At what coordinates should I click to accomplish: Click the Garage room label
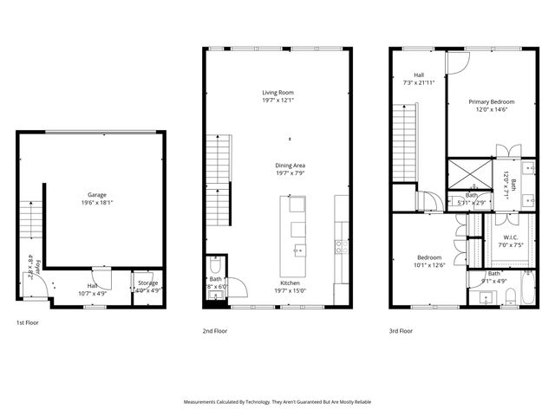(x=95, y=194)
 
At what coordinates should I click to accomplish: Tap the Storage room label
(x=147, y=283)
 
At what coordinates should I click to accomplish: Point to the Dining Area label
(x=291, y=165)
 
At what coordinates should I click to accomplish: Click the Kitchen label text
(x=290, y=283)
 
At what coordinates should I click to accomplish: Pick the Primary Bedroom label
(x=492, y=102)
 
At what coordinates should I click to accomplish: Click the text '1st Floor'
(x=27, y=322)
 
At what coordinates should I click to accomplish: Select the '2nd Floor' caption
(x=214, y=330)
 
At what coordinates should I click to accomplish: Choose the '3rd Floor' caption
(x=401, y=330)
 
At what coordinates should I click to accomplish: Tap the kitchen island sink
(x=298, y=251)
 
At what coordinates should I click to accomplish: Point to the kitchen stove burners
(x=342, y=245)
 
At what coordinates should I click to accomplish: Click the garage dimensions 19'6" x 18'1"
(x=97, y=203)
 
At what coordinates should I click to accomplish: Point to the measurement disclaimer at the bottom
(x=277, y=403)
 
